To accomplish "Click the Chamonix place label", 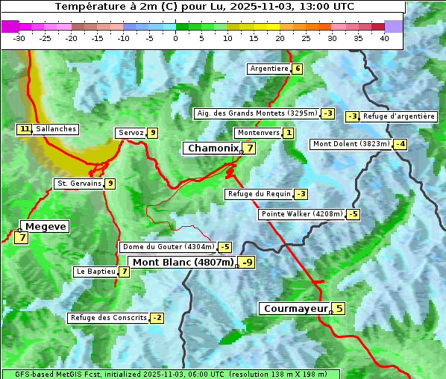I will coord(212,148).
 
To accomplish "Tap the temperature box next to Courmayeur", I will coord(339,308).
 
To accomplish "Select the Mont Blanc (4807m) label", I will coord(183,263).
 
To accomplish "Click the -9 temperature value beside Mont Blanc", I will coord(247,263).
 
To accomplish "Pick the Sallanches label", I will coord(55,129).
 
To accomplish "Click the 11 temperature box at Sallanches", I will coord(25,129).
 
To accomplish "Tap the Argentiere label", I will coord(269,69).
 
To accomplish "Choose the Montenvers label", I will coord(258,133).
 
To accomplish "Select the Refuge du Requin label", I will coord(259,194).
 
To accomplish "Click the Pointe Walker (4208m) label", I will coord(301,214).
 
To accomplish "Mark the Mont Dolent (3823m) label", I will coord(351,144).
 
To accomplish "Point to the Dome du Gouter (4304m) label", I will coord(168,247).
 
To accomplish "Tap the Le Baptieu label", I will coord(95,272).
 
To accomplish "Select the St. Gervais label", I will coord(78,184).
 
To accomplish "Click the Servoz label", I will coord(131,133).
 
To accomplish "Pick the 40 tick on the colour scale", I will coord(384,38).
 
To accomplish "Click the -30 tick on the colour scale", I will coord(19,38).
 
